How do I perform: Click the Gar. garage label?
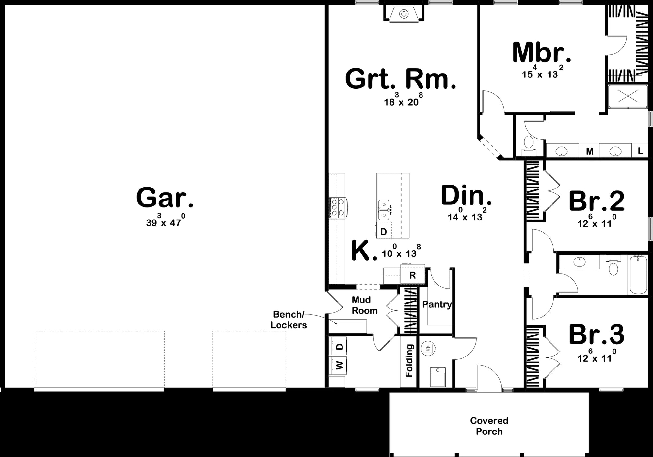(165, 198)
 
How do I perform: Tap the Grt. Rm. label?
(401, 79)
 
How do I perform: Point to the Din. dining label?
(466, 195)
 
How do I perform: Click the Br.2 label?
(597, 201)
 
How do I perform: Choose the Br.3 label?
(597, 335)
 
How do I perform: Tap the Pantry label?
(437, 305)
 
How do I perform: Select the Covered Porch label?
(489, 426)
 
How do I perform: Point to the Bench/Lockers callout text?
(289, 319)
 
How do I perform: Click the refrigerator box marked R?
(413, 275)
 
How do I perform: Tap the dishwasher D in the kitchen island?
(384, 231)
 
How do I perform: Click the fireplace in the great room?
(404, 14)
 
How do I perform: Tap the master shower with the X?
(628, 96)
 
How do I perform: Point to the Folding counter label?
(409, 361)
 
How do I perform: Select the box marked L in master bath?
(640, 151)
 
